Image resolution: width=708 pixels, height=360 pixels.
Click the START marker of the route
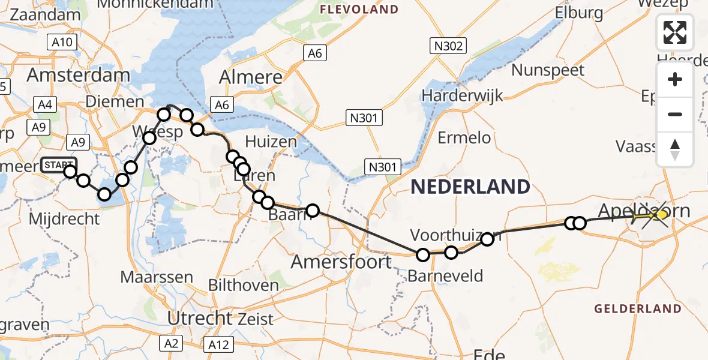[x=59, y=164]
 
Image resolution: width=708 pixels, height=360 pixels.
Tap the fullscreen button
[x=675, y=32]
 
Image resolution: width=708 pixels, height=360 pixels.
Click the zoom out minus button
[x=675, y=114]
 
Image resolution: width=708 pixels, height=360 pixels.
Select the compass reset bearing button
[x=675, y=149]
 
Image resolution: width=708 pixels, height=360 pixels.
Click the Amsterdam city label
[x=78, y=76]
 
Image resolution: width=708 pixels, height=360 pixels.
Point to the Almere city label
[x=251, y=77]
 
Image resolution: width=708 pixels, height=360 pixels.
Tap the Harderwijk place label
[x=462, y=95]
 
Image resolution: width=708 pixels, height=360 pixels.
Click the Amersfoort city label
[x=341, y=262]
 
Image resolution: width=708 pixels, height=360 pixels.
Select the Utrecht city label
[x=200, y=318]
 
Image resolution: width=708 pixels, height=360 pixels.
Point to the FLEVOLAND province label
[x=359, y=10]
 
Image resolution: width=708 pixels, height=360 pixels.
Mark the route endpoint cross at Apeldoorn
[x=655, y=214]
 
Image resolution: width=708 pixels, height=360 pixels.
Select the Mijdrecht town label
[x=64, y=218]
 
